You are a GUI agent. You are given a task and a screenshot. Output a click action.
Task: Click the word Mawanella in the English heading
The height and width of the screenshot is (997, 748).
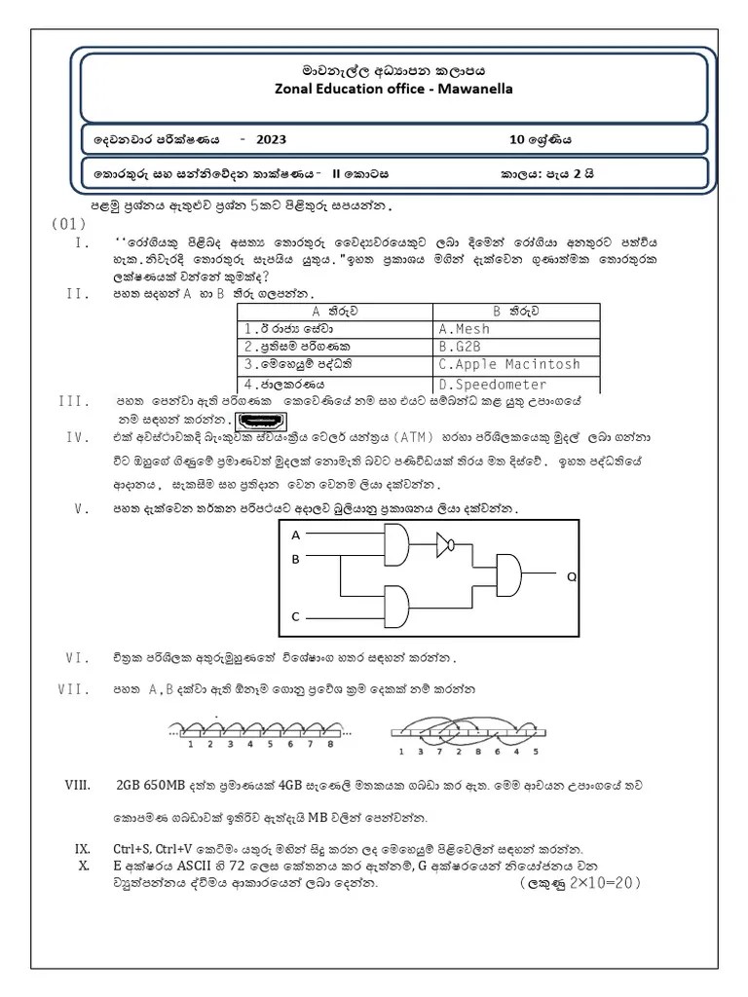pyautogui.click(x=477, y=90)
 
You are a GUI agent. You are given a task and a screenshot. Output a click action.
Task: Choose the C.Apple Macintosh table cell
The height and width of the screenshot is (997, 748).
pyautogui.click(x=508, y=365)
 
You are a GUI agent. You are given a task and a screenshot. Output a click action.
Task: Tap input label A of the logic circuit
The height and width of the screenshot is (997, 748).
pyautogui.click(x=296, y=535)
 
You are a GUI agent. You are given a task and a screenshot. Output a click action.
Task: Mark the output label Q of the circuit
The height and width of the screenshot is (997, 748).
pyautogui.click(x=572, y=577)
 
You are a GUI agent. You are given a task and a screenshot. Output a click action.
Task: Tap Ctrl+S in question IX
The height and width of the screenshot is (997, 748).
pyautogui.click(x=133, y=848)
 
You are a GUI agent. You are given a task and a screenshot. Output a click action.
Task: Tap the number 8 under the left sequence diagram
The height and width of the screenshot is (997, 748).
pyautogui.click(x=331, y=744)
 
